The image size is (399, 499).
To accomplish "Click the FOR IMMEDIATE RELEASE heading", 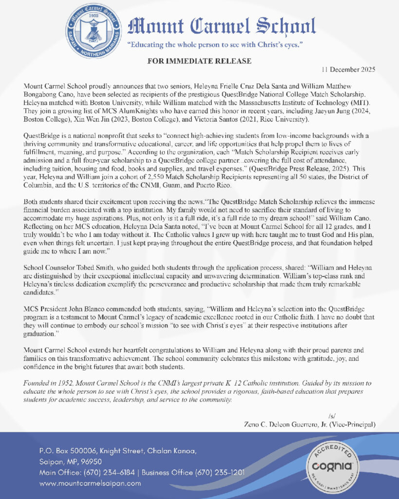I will (199, 61).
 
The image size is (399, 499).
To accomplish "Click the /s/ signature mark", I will (332, 416).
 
